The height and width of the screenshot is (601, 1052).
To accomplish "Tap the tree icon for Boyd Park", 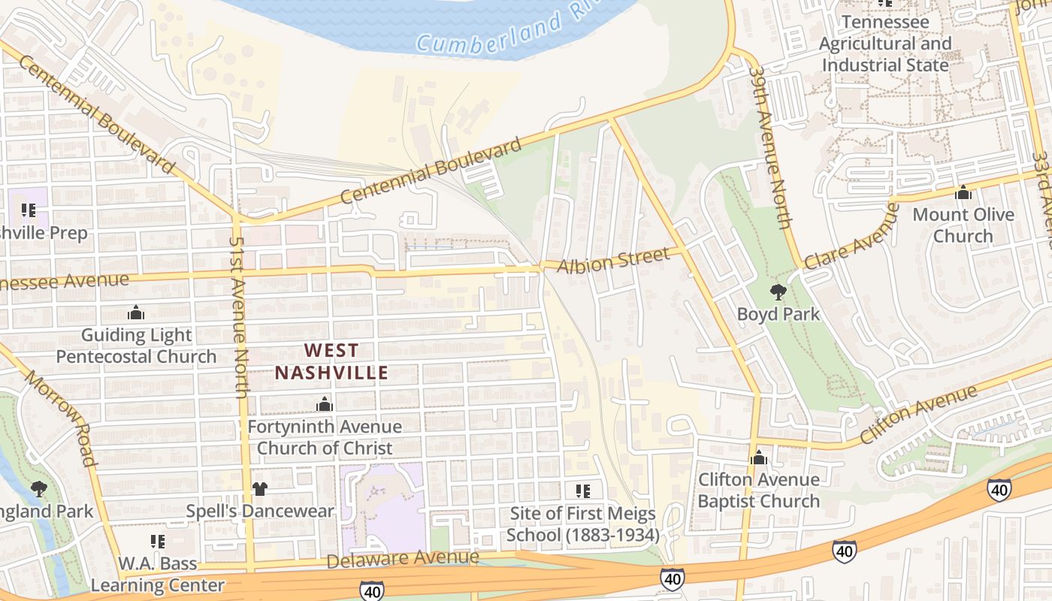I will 778,291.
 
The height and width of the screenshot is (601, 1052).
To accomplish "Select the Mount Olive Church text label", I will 963,225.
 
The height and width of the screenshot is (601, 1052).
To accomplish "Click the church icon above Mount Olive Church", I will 963,193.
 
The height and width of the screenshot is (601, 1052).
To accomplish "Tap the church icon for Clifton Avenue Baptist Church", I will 758,457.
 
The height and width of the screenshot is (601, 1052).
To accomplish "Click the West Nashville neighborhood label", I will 331,361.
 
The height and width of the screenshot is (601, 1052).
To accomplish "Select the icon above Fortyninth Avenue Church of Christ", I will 325,405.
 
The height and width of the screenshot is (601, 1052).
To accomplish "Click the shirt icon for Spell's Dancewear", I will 259,489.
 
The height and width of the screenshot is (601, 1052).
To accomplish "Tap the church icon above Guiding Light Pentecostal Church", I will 136,313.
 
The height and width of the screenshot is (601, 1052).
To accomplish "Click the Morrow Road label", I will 61,418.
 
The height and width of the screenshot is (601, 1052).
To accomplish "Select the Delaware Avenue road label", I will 403,558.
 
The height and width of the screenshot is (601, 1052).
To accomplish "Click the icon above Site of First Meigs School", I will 582,491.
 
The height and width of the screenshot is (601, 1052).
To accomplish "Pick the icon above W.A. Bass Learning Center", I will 158,542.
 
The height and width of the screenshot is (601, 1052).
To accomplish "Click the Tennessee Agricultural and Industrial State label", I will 885,44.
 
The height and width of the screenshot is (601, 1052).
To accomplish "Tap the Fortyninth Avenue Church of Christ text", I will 325,437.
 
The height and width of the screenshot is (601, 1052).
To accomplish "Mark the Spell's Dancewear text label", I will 260,512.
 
